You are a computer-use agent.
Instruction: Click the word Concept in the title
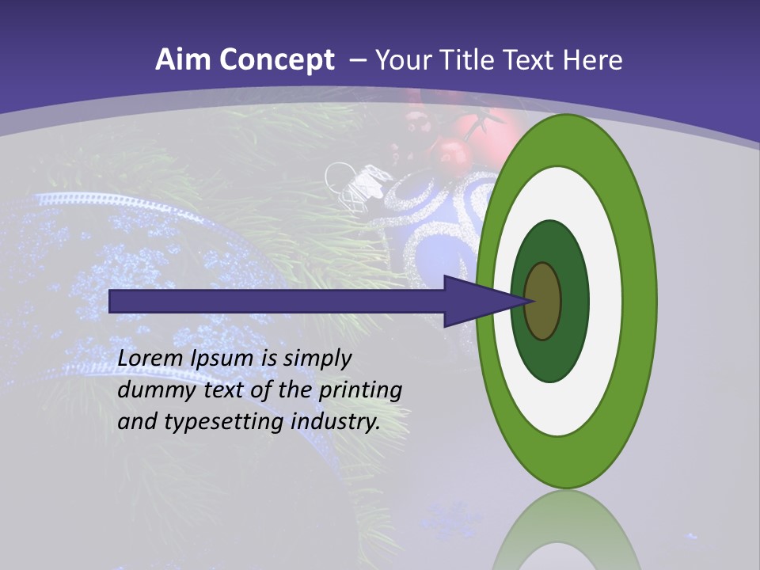276,60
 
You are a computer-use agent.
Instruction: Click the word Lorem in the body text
151,359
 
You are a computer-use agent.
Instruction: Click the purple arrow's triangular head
479,301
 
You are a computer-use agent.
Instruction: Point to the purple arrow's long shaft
277,301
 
